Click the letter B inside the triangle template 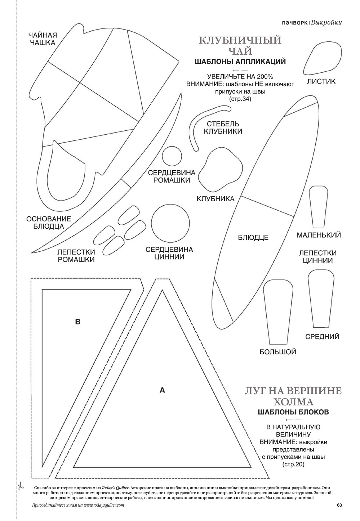(77, 322)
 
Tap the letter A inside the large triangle (162, 390)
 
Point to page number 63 (339, 505)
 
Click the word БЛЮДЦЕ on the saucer (253, 238)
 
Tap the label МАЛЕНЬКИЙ (319, 235)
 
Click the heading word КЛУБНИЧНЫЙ (240, 40)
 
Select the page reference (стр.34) (240, 99)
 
